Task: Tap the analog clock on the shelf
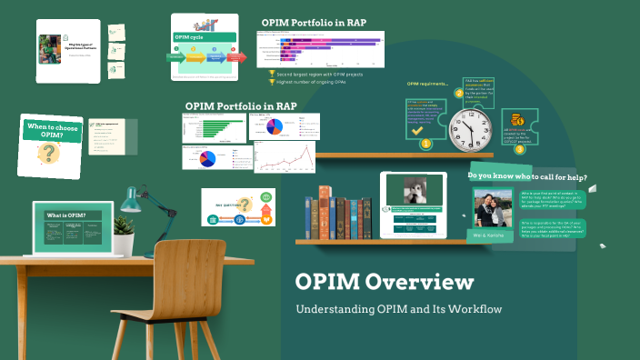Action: [465, 117]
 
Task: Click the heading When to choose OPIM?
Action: [46, 129]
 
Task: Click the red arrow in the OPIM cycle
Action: [235, 57]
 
